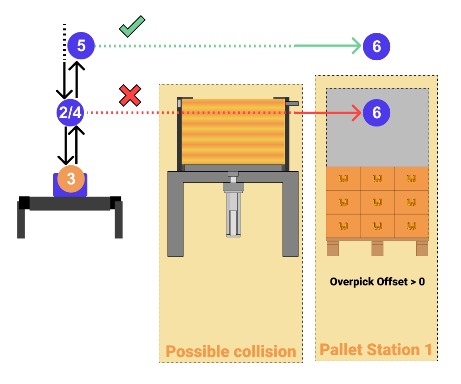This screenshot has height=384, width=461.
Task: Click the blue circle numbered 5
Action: (81, 46)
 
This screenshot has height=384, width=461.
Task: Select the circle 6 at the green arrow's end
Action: (377, 46)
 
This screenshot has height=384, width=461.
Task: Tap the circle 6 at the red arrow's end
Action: (377, 113)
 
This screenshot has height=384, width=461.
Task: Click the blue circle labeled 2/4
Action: (70, 113)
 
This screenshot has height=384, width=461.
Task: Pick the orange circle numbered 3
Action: (71, 179)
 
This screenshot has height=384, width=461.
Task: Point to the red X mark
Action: (130, 95)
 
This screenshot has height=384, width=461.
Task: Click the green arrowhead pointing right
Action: (356, 46)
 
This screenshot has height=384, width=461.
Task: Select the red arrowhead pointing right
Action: (356, 113)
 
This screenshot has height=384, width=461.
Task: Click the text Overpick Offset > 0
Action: (377, 282)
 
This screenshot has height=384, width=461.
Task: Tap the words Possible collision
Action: (230, 352)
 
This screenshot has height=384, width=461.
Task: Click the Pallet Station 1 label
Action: (376, 350)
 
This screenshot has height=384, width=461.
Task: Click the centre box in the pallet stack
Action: (377, 202)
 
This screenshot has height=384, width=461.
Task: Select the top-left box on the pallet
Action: (343, 179)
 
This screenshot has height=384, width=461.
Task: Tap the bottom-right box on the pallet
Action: (411, 226)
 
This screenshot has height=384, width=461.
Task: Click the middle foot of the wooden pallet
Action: (377, 248)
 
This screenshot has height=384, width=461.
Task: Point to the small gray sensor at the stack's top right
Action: (292, 104)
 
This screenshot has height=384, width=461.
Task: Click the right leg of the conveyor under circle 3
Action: (119, 220)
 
